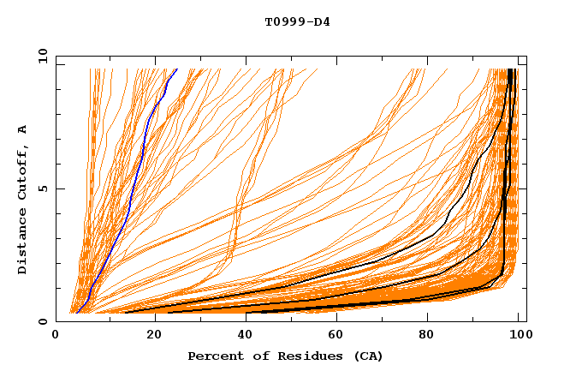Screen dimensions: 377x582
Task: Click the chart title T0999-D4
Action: (x=297, y=21)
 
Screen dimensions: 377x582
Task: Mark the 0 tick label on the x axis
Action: (x=56, y=336)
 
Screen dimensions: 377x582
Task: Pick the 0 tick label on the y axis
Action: (x=43, y=321)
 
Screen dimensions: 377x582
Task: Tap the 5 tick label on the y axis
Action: (x=43, y=188)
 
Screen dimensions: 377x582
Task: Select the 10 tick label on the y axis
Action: (x=40, y=56)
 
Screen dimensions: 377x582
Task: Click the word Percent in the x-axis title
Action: (x=212, y=356)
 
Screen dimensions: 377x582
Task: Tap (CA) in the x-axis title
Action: (x=367, y=356)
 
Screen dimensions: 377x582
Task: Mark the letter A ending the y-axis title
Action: (x=22, y=129)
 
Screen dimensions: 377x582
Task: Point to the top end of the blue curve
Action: (x=176, y=69)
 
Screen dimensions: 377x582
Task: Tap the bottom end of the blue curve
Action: (x=77, y=313)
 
